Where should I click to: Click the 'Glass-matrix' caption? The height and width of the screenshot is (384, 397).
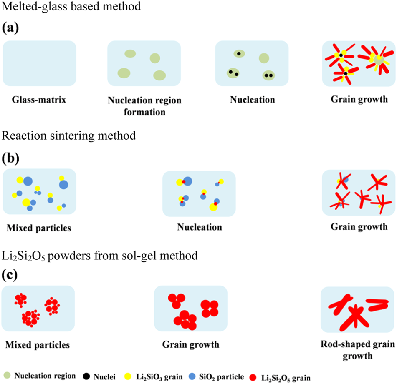click(x=40, y=100)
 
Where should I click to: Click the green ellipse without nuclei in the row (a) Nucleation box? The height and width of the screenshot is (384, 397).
click(x=264, y=58)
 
